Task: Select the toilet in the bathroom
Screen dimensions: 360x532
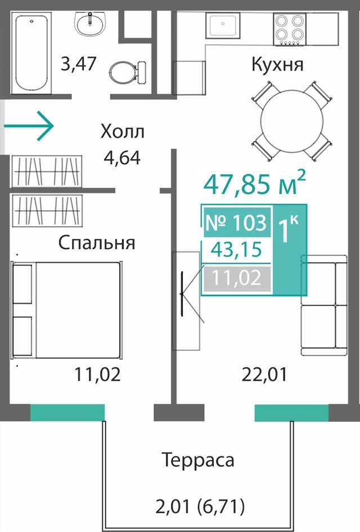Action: [x=128, y=71]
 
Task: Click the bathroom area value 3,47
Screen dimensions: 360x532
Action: [x=79, y=64]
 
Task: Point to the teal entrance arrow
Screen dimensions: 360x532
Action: [x=29, y=126]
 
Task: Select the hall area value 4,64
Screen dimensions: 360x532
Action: [x=122, y=157]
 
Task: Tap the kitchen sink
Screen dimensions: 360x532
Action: [x=223, y=25]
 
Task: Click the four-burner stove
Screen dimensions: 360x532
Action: [x=290, y=29]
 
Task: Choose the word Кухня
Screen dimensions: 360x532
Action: [x=277, y=65]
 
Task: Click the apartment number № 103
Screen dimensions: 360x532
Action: [x=236, y=223]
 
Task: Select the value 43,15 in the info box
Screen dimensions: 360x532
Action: [x=236, y=250]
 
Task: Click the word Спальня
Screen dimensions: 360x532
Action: [x=97, y=243]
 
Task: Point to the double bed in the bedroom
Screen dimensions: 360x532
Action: [x=66, y=310]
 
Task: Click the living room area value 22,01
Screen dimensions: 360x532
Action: [x=264, y=375]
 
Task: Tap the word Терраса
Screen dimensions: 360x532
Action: [x=198, y=461]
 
